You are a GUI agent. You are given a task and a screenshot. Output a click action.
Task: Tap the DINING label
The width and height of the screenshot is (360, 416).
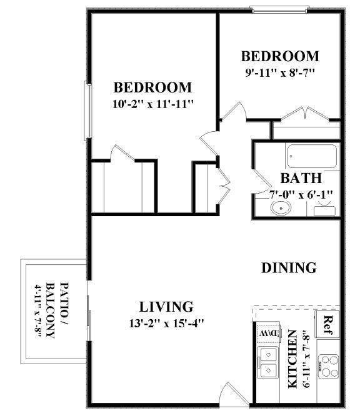click(288, 268)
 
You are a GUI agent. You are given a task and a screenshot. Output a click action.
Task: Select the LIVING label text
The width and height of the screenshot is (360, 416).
click(165, 307)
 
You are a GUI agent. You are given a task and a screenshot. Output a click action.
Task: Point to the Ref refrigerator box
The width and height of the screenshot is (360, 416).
click(327, 324)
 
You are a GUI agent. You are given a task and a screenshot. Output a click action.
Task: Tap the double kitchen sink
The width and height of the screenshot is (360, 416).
click(269, 363)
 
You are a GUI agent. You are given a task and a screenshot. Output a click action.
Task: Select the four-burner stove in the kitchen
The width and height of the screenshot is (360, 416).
click(328, 364)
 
